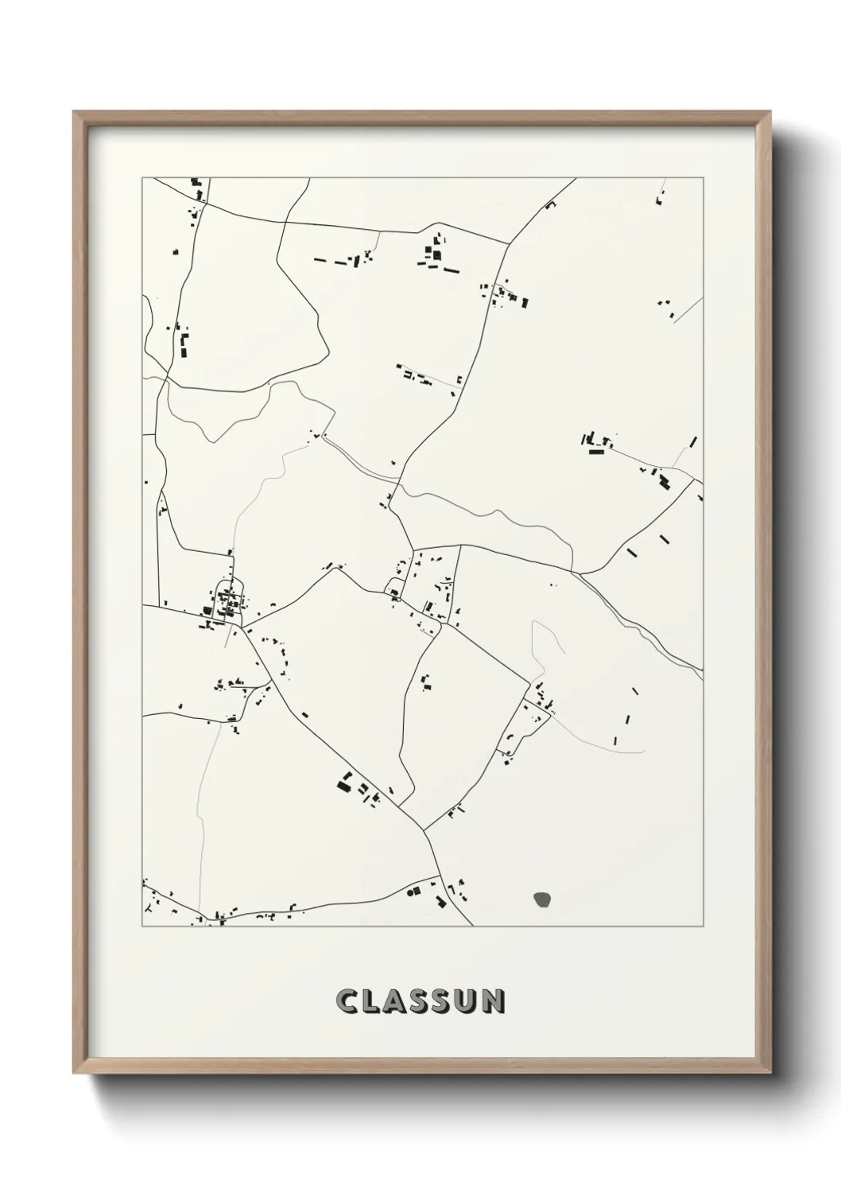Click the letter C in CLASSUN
coord(347,1000)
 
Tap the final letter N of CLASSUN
coord(496,1000)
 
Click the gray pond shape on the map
coord(543,900)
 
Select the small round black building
coord(412,891)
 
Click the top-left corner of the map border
coord(142,178)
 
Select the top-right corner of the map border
coord(703,178)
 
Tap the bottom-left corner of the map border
coord(142,926)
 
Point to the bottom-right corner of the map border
coord(703,926)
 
